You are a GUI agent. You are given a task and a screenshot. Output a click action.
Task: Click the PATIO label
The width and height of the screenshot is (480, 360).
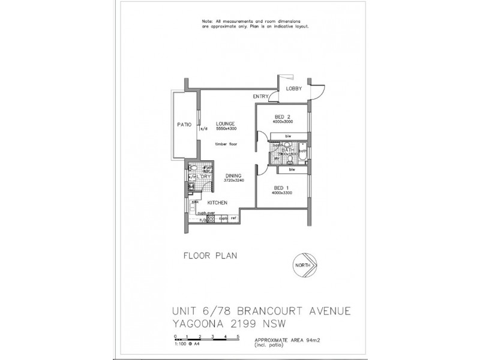(x=184, y=124)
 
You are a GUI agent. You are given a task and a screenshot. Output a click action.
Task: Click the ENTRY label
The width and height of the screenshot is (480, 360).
(x=260, y=96)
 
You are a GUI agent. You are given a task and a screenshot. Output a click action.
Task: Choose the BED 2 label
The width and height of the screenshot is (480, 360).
(x=282, y=116)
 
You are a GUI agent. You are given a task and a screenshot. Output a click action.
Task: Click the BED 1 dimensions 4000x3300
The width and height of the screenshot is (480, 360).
(x=282, y=193)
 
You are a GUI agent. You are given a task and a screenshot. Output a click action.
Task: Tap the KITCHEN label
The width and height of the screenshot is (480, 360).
(x=217, y=203)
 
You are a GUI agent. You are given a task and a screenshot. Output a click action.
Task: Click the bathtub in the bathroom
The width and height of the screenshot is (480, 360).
(x=303, y=155)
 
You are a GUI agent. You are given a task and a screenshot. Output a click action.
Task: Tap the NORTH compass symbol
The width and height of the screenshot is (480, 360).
(x=306, y=265)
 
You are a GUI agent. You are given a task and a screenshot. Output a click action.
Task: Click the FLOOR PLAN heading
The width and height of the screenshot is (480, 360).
(x=209, y=256)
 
